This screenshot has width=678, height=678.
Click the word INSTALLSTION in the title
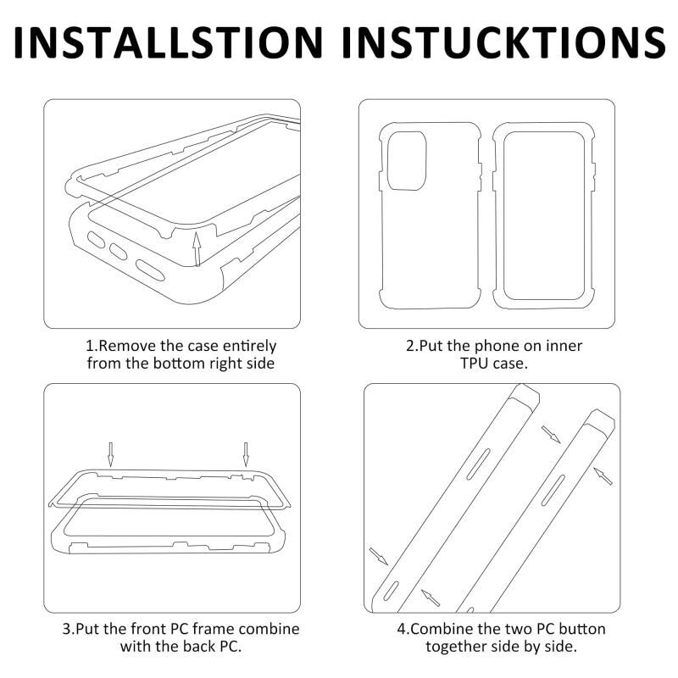coord(168,42)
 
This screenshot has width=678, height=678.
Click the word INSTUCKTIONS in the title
coord(503,42)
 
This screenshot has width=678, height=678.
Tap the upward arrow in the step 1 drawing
coord(197,249)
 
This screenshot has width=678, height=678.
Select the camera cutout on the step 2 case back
coord(407,161)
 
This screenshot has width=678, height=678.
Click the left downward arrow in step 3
coord(111,454)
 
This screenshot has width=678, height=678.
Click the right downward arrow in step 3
coord(246,454)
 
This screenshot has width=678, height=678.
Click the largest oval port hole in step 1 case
coord(150,270)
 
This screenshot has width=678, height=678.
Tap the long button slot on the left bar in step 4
coord(478,464)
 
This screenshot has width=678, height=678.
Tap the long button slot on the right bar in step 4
coord(553,491)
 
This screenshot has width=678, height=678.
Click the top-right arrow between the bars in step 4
coord(551,434)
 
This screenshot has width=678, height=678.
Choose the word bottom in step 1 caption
coord(179,364)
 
